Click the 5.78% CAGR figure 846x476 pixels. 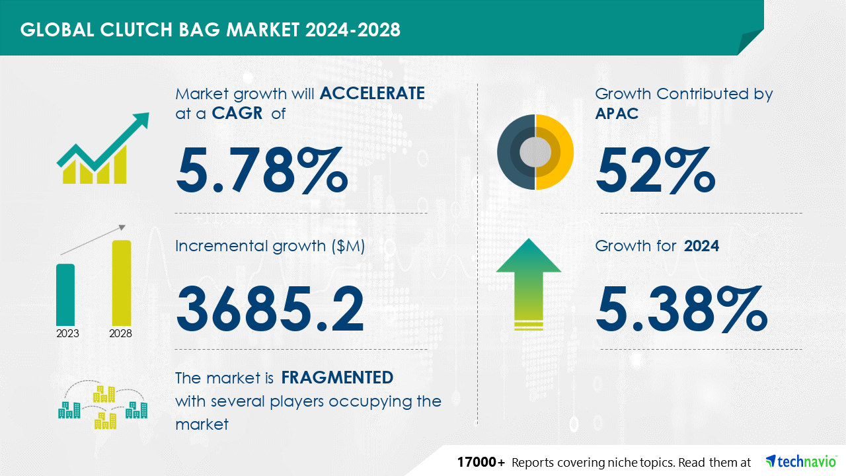tap(262, 170)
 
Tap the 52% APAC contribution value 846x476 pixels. tap(656, 170)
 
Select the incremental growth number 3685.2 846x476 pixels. tap(270, 309)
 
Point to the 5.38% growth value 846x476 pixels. tap(681, 309)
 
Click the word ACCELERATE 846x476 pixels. tap(372, 93)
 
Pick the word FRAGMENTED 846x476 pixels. tap(337, 377)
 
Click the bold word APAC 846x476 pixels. tap(617, 113)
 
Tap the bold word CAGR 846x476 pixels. tap(237, 113)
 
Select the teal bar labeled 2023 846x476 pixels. tap(65, 295)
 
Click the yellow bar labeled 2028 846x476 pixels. tap(122, 282)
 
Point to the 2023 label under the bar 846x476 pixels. tap(67, 333)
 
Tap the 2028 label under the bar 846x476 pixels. tap(120, 333)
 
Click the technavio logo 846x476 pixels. tap(801, 461)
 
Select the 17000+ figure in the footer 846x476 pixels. tap(481, 462)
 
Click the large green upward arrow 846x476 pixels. tap(529, 284)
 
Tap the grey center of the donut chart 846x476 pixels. tap(535, 152)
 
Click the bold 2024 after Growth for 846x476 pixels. tap(701, 246)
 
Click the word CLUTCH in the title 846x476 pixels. tap(136, 30)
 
